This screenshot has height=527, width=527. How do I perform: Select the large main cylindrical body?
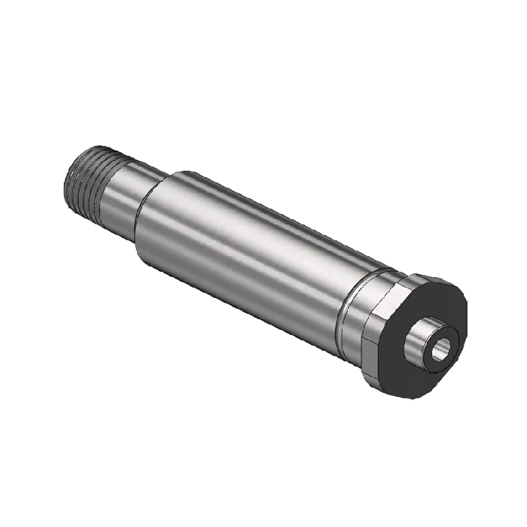pos(248,248)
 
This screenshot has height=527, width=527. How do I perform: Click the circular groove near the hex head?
pos(348,301)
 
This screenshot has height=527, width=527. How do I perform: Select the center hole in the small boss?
pos(441,349)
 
